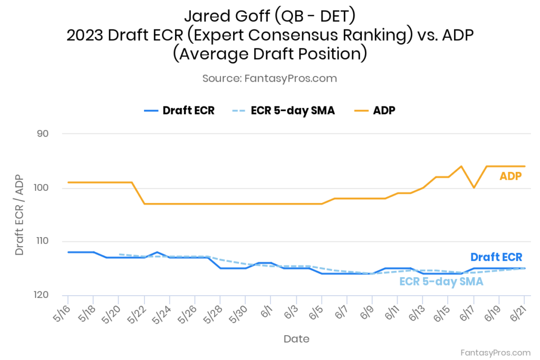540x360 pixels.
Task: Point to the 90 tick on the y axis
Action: click(43, 134)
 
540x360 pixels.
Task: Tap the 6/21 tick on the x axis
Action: click(518, 314)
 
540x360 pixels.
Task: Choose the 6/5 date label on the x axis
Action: click(316, 314)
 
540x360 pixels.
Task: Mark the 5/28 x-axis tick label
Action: click(215, 314)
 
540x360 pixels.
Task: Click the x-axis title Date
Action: click(296, 338)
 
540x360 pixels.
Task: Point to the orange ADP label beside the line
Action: click(510, 177)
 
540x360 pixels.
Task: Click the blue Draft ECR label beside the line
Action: click(496, 257)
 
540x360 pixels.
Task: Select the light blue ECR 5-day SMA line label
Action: click(441, 281)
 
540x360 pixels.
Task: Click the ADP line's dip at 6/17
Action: click(474, 188)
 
